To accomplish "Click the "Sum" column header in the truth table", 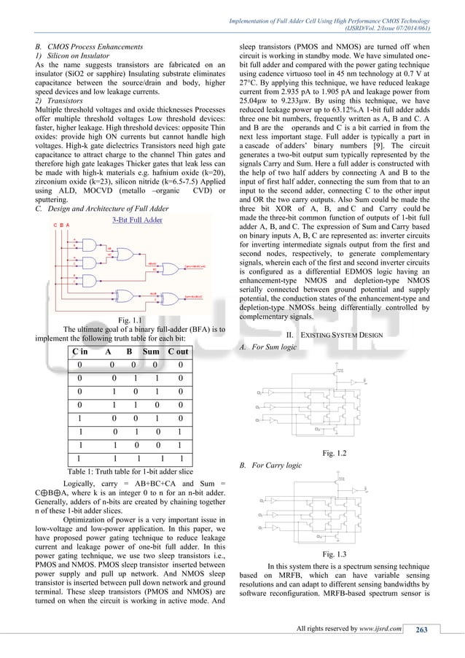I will click(151, 352).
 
